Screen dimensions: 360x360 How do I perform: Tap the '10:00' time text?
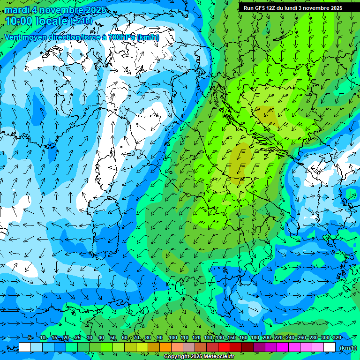[18, 21]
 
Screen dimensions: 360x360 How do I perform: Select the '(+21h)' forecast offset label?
[81, 22]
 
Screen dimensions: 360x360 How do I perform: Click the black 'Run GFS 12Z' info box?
[292, 7]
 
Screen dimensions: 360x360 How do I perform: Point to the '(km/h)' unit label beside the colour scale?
[347, 348]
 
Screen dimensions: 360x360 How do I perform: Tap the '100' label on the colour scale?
[172, 337]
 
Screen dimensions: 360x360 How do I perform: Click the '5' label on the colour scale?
[30, 337]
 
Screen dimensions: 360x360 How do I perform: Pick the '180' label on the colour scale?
[255, 337]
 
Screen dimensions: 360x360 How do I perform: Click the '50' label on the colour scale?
[113, 337]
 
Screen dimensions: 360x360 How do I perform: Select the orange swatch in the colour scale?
[165, 347]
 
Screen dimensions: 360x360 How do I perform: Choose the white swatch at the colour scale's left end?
[25, 347]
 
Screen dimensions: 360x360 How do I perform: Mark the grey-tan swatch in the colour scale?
[189, 347]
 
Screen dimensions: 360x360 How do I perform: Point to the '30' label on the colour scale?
[90, 337]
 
